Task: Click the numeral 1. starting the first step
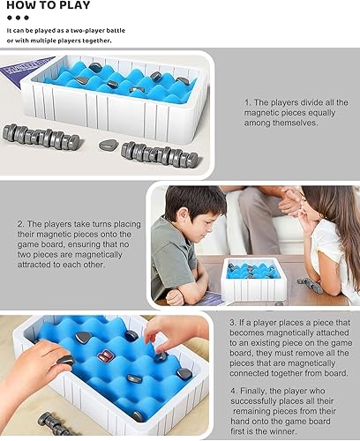point(249,102)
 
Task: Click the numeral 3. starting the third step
point(232,324)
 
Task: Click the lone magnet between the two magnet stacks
point(108,145)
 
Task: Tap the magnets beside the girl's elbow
point(309,283)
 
